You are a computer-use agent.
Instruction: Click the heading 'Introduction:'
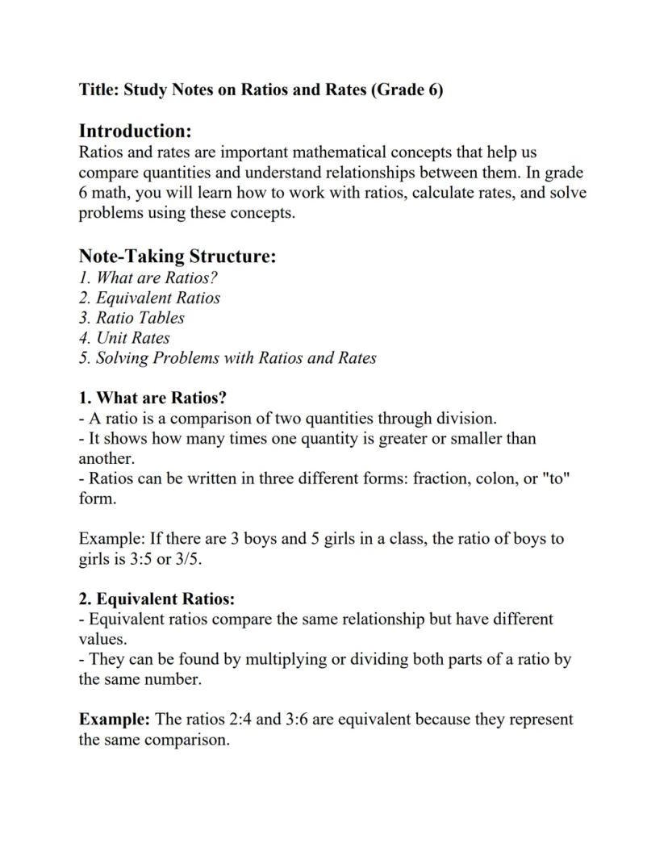135,131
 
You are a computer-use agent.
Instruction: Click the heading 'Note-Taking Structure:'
177,257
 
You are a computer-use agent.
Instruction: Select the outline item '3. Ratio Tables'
132,318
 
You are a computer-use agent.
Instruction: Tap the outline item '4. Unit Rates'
124,338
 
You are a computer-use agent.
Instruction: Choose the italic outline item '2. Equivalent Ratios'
149,298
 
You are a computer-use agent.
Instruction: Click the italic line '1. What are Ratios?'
148,278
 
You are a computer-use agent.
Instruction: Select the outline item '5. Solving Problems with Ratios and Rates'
228,358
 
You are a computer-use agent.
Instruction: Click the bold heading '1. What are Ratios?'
152,399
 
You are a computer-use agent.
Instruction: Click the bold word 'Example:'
114,719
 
